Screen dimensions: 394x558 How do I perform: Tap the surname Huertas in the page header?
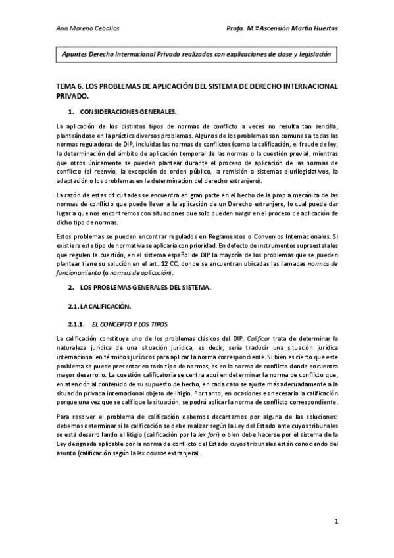[321, 29]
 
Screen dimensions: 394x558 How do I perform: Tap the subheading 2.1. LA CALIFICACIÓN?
[100, 307]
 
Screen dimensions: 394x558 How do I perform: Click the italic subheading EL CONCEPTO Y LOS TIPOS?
[129, 325]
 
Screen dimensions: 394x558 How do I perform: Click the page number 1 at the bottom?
[335, 522]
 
